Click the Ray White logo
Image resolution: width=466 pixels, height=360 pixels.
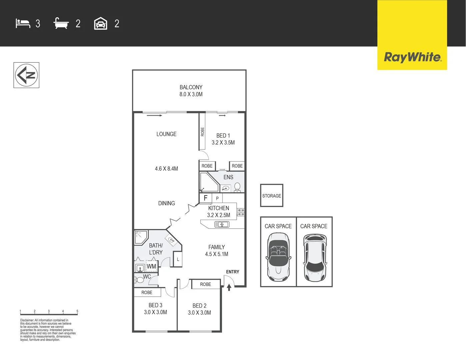pos(412,57)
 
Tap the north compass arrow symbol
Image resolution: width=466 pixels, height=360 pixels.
pos(26,75)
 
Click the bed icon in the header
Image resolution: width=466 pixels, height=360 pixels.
pos(23,24)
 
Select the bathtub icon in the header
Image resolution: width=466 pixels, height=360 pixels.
pos(61,24)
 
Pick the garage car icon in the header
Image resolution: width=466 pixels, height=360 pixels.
pos(101,24)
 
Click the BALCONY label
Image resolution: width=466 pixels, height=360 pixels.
pos(191,87)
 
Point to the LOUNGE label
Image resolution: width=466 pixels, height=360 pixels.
pos(166,134)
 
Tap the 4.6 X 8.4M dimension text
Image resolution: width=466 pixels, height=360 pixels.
pos(166,169)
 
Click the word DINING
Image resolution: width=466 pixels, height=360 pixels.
pos(166,203)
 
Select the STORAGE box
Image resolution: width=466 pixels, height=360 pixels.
pos(272,196)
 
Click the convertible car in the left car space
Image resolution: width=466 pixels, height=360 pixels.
pos(278,257)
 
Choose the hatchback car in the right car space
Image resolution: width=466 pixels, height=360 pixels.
pos(314,257)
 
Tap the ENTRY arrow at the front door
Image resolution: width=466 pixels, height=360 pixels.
pos(229,287)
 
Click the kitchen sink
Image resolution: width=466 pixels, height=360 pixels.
pos(222,225)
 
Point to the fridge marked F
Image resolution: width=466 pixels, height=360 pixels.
pos(205,198)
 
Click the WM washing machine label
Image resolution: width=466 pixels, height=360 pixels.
pos(151,266)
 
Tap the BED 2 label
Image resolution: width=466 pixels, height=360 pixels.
pos(199,306)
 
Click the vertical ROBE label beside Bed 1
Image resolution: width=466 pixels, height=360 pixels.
pos(202,132)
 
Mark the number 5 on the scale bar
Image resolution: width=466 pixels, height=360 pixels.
pos(77,311)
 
